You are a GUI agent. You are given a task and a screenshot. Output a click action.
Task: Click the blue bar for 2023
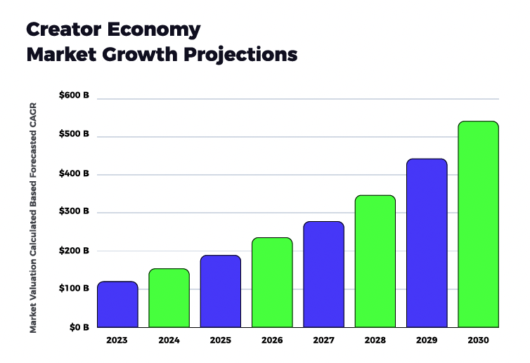point(117,304)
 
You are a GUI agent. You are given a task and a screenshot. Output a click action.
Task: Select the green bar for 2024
point(169,298)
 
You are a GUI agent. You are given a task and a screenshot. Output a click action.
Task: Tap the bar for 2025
point(220,291)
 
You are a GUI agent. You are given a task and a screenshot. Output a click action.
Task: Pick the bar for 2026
point(272,282)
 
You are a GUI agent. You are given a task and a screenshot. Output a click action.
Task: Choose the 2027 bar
point(323,274)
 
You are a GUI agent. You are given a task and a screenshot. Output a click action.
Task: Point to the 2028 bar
point(375,261)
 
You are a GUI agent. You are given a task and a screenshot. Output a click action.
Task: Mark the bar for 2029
point(427,243)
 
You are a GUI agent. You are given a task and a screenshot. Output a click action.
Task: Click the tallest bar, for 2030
point(478,224)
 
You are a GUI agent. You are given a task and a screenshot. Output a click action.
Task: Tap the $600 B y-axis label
point(74,95)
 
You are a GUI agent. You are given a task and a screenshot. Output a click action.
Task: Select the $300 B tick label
point(74,211)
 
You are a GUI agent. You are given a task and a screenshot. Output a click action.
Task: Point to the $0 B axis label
point(78,326)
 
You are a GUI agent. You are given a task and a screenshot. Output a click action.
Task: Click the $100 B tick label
point(74,289)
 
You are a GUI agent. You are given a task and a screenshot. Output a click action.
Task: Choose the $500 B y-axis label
point(74,133)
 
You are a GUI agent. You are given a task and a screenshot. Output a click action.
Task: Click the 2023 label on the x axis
point(117,340)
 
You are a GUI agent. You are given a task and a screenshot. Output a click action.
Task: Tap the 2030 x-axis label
point(478,340)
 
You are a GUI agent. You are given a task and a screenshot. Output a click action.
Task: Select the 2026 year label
point(272,340)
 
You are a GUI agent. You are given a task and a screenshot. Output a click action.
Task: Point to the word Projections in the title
point(243,54)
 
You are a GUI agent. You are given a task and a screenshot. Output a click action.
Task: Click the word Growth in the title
point(147,54)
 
